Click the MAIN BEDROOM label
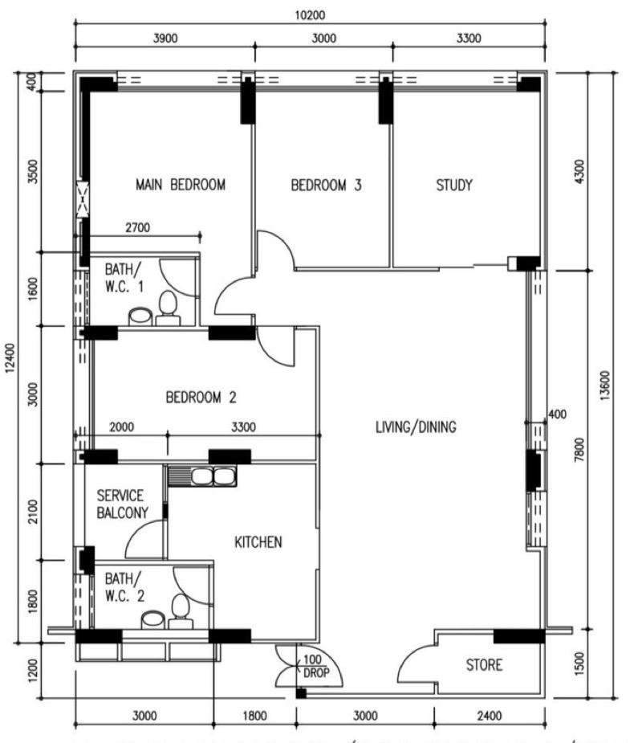point(181,185)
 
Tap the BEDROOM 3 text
point(326,186)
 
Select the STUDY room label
point(454,186)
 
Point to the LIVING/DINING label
point(416,427)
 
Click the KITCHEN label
point(258,543)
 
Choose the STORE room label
point(485,665)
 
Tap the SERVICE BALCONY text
point(120,504)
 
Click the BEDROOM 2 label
point(201,397)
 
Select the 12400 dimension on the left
point(9,358)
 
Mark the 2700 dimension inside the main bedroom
point(138,228)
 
